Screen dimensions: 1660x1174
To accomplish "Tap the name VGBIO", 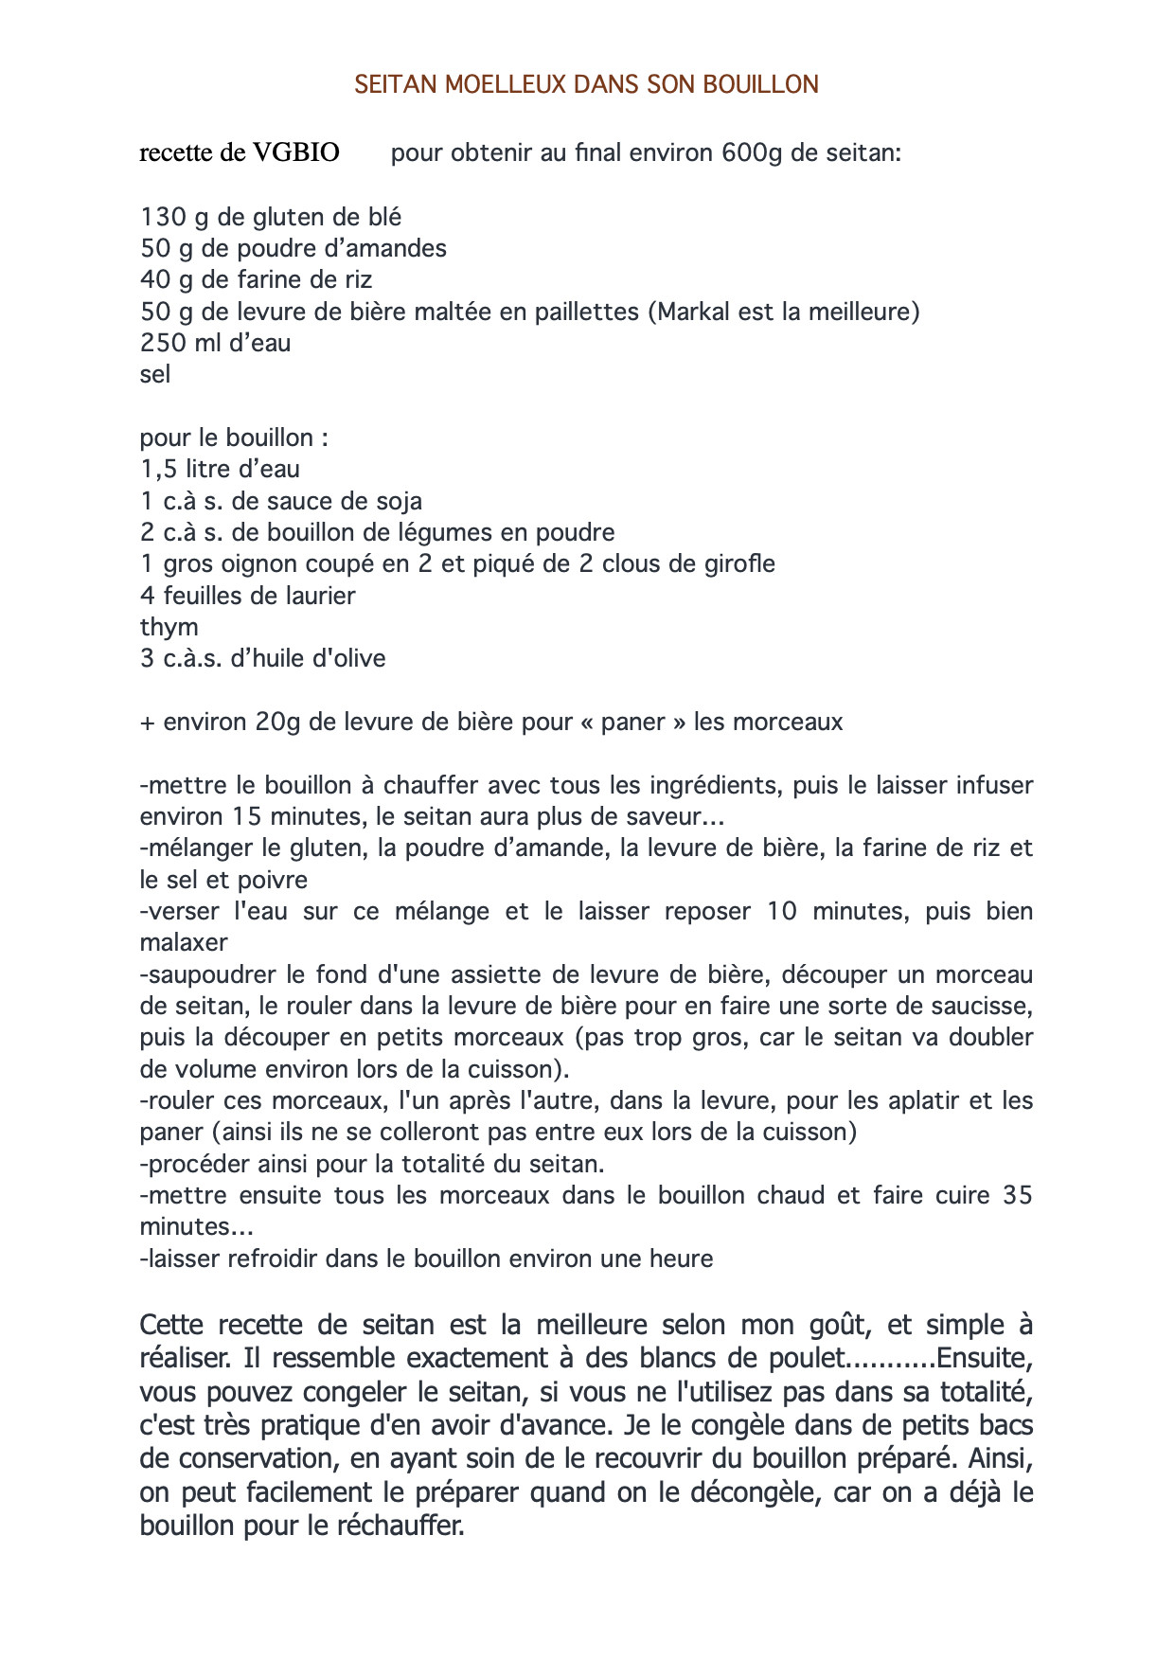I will point(295,152).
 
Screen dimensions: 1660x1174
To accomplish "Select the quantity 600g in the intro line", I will point(752,152).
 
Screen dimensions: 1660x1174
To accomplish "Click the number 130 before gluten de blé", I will point(163,217).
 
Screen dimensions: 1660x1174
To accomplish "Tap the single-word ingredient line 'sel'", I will point(155,375).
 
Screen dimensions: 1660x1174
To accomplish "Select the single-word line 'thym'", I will point(169,628).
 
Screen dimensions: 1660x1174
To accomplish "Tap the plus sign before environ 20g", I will point(147,723).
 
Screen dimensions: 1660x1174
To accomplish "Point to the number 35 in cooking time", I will point(1017,1195).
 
